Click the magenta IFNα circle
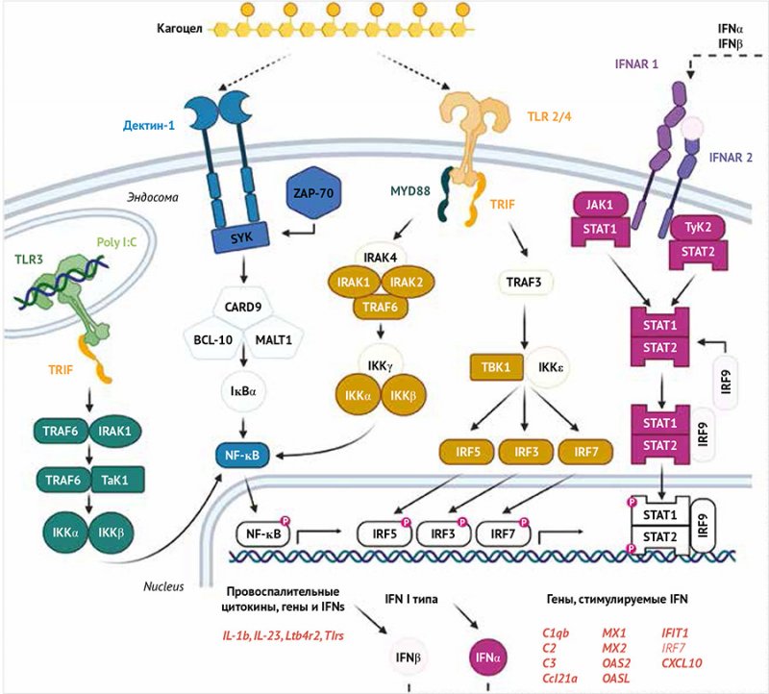pyautogui.click(x=485, y=658)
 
